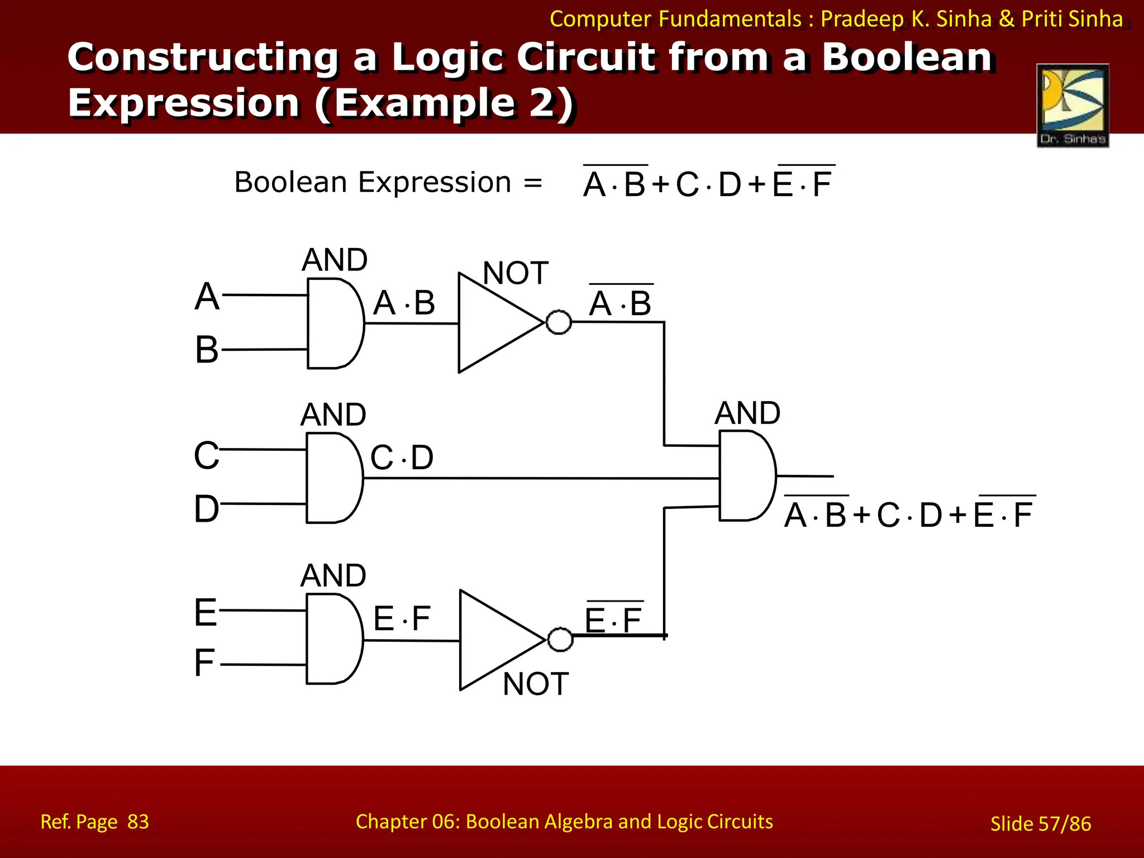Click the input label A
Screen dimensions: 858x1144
[x=207, y=296]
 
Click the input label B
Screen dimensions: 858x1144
[x=207, y=350]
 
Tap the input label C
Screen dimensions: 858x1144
[x=207, y=455]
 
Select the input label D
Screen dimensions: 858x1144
[x=207, y=509]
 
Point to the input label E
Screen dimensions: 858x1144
[x=206, y=613]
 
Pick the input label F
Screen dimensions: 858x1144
[x=204, y=663]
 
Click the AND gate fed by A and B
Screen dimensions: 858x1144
[x=334, y=323]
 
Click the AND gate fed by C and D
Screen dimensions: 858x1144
[x=333, y=478]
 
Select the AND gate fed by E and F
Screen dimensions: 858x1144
[x=333, y=638]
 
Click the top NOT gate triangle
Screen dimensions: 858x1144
[x=492, y=323]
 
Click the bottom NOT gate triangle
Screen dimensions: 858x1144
[x=493, y=640]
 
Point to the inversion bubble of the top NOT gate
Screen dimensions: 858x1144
[x=559, y=322]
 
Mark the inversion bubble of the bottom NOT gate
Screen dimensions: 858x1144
[x=560, y=640]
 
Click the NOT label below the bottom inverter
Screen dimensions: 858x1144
[x=535, y=684]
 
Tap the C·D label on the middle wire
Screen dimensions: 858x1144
[x=402, y=458]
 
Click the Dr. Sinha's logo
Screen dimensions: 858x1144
[x=1072, y=106]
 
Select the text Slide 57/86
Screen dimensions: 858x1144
[x=1040, y=823]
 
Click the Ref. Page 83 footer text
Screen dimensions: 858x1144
[x=95, y=822]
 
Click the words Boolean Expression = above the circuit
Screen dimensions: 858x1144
[x=388, y=183]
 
